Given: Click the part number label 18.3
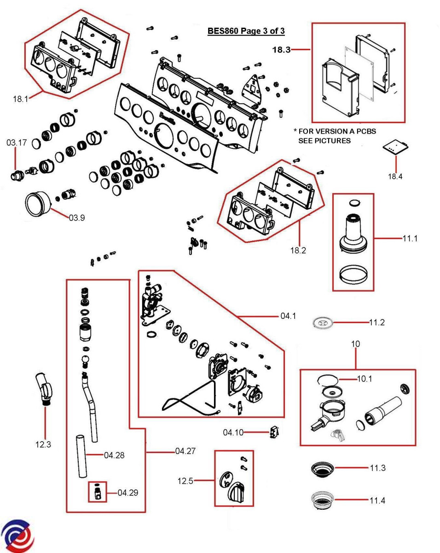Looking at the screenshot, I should [281, 50].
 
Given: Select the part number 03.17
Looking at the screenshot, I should [16, 143].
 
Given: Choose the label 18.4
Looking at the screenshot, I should [395, 176].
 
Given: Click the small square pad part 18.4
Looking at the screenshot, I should [394, 147].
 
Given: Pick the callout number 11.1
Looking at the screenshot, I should [410, 239].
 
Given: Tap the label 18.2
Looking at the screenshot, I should [298, 251].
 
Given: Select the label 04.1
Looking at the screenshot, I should [288, 316].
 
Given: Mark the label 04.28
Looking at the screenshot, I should [114, 455].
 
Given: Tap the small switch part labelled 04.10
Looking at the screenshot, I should [275, 433].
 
